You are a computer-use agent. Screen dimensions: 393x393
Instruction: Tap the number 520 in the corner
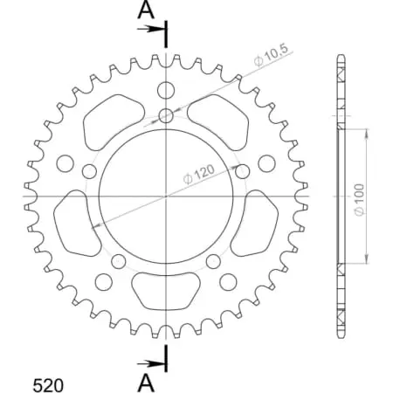tap(47, 383)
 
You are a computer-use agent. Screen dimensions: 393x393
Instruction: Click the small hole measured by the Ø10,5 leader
tap(166, 115)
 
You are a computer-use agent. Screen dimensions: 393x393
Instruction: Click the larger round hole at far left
tap(64, 162)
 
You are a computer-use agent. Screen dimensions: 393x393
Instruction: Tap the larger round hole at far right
tap(267, 162)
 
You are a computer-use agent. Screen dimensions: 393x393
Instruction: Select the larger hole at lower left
tap(103, 281)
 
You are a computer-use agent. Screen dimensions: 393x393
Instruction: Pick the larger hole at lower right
tap(229, 281)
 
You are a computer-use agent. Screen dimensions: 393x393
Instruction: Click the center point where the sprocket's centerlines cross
tap(166, 196)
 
